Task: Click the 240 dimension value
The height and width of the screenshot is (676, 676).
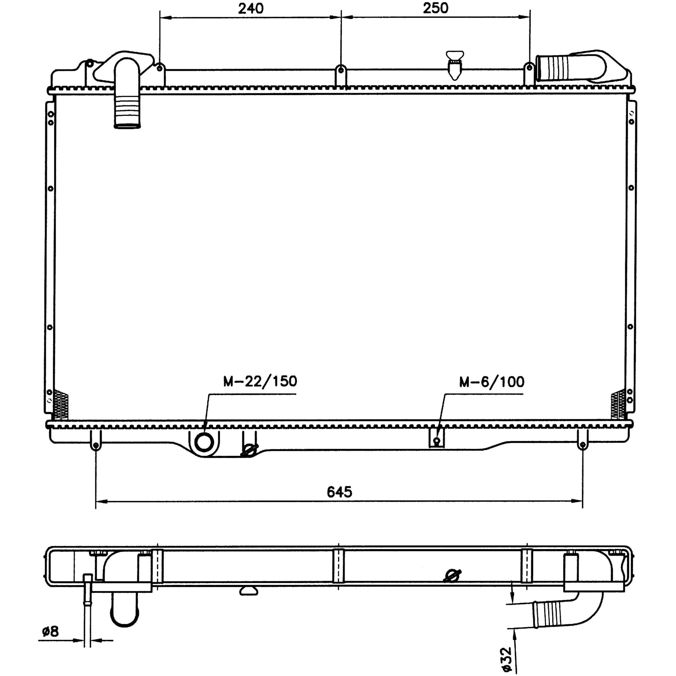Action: [x=250, y=8]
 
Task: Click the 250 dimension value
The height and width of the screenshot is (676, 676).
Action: [x=436, y=8]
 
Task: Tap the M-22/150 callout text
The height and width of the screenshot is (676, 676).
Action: [x=260, y=381]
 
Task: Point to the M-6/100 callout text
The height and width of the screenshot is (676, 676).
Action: [x=492, y=382]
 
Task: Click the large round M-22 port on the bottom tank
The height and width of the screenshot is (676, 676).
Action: [x=204, y=442]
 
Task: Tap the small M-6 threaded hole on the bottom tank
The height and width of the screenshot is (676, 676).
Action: [x=437, y=440]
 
